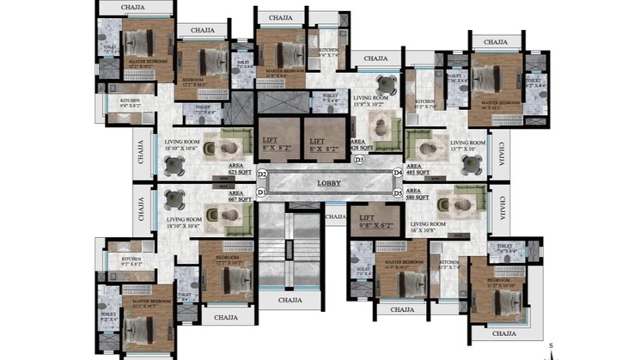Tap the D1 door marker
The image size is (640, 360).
(x=262, y=192)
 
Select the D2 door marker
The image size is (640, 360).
(x=262, y=175)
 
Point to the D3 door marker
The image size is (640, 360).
(x=360, y=160)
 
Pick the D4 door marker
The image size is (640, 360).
(x=398, y=174)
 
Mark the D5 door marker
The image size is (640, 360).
(x=398, y=192)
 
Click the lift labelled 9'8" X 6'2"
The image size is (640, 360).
(x=373, y=224)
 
